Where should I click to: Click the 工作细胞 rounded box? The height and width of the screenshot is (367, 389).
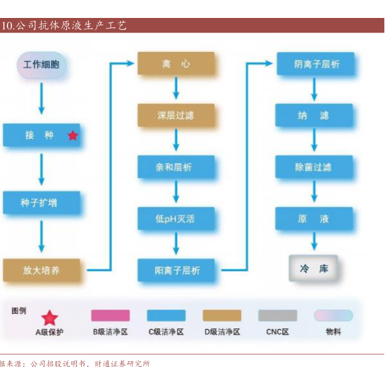41,65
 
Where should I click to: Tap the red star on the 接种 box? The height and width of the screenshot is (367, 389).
73,136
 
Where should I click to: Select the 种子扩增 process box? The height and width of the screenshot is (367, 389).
41,203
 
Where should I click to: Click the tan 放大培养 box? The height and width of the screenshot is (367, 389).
41,270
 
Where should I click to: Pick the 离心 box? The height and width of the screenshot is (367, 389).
176,63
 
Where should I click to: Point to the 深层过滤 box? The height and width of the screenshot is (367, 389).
176,115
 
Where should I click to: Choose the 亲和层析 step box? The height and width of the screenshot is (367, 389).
176,167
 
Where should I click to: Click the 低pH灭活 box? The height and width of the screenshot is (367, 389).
176,219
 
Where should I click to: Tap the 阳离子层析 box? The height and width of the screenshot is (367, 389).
176,270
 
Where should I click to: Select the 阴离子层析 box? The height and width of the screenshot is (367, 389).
315,64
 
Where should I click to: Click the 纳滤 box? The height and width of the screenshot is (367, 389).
314,115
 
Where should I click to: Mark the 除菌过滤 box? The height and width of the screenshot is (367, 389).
314,167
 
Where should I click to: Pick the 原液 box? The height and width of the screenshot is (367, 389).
314,219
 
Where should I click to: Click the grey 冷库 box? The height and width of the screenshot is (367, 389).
313,269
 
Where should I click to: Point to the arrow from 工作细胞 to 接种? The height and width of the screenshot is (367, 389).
41,98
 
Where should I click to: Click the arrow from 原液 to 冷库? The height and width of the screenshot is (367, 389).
314,241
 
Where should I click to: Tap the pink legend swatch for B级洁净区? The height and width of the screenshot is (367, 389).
110,315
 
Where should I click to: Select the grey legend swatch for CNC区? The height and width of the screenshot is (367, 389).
277,315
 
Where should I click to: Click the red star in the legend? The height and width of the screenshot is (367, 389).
50,318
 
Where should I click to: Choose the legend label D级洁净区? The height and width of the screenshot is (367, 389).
222,332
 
